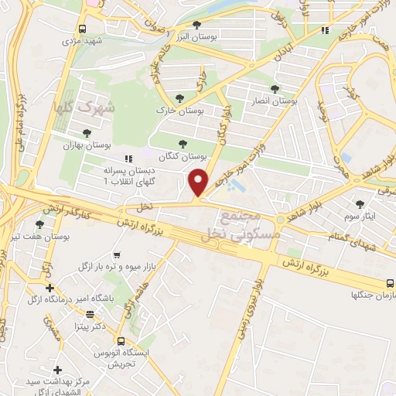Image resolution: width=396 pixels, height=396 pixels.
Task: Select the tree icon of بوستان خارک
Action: pyautogui.click(x=180, y=98)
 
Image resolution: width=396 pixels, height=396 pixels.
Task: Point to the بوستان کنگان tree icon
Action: pyautogui.click(x=183, y=143)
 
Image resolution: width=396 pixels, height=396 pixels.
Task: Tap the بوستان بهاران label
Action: pyautogui.click(x=87, y=145)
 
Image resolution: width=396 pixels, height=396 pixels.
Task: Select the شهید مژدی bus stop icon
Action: pyautogui.click(x=82, y=29)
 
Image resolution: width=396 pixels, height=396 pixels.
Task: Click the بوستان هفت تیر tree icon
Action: pyautogui.click(x=39, y=224)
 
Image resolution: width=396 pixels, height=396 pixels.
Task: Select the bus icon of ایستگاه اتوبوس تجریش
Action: pyautogui.click(x=121, y=340)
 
